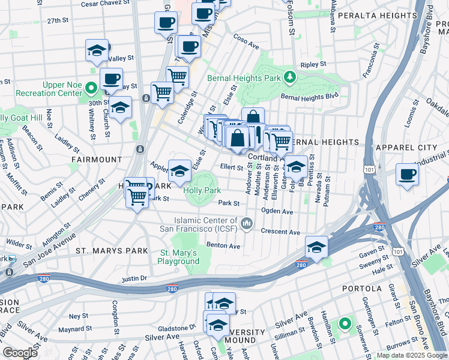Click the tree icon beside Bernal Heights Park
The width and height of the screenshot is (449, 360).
point(290,77)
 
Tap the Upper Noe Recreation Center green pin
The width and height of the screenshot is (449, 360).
point(91,89)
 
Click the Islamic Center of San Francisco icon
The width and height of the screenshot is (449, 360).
point(246,224)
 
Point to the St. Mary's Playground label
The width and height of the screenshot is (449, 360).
point(179,257)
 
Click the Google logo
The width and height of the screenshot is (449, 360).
point(20,352)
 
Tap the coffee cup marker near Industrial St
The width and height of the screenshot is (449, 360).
point(407,174)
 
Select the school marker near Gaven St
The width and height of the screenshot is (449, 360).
point(316,247)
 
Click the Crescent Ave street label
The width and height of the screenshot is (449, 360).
point(280,232)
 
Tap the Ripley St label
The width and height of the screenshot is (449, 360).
point(313,64)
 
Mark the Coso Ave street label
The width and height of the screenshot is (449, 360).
point(246,45)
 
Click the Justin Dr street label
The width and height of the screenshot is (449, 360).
point(134,278)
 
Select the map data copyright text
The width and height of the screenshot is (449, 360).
point(412,355)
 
